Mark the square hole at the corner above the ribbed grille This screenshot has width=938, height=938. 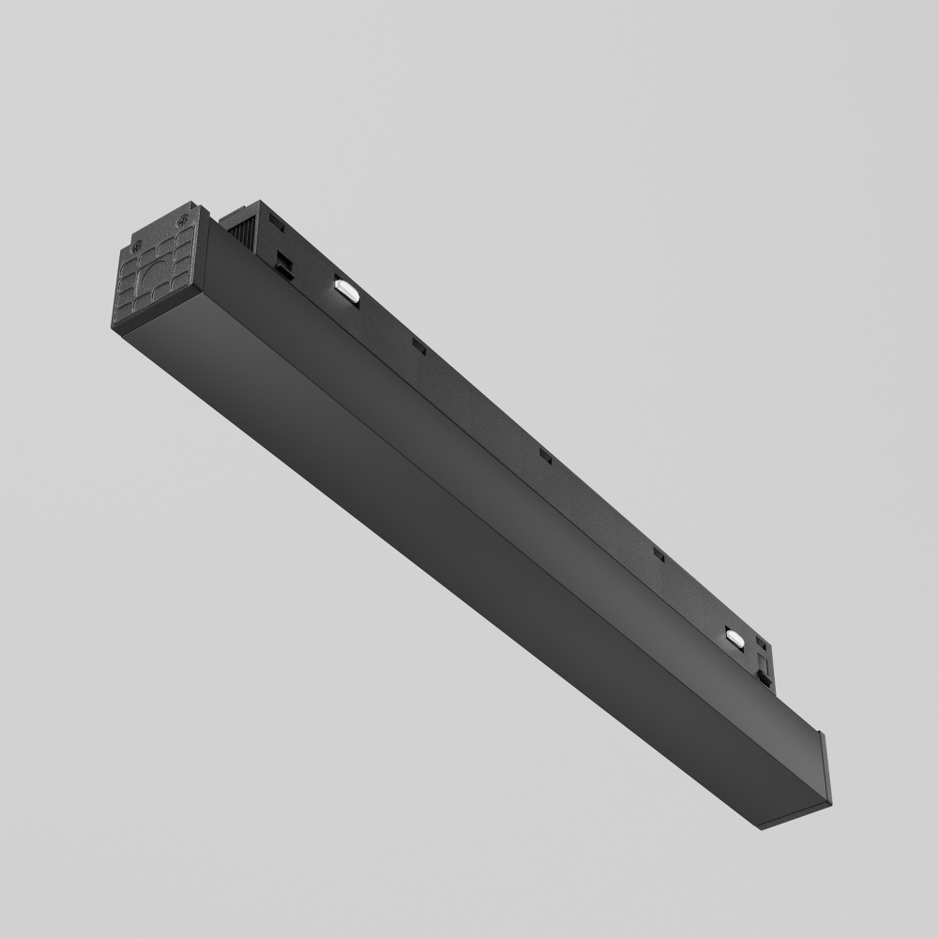tap(276, 220)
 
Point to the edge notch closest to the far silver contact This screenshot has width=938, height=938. tap(658, 555)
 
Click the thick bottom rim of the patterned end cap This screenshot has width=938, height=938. tap(159, 319)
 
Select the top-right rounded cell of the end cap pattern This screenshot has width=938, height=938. tap(189, 243)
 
